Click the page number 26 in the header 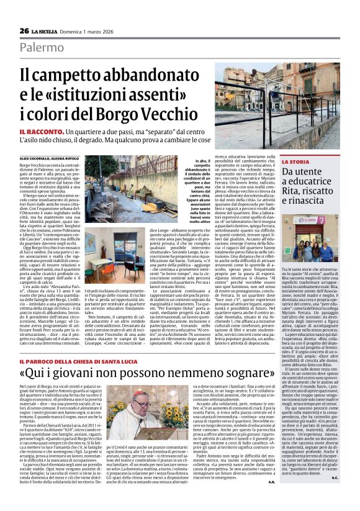point(24,30)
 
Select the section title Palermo point(42,47)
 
